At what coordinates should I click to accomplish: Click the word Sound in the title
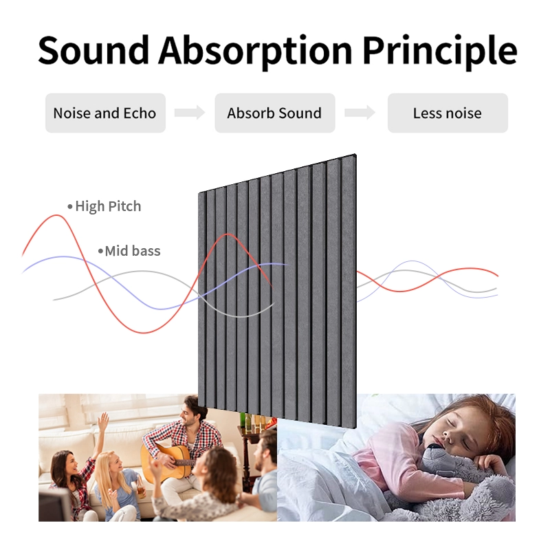tap(93, 49)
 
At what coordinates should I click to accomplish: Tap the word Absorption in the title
tap(254, 49)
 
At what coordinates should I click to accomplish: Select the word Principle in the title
tap(439, 49)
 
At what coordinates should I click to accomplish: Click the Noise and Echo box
tap(104, 113)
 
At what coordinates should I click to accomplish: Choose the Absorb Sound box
tap(274, 113)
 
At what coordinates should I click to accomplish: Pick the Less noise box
tap(448, 113)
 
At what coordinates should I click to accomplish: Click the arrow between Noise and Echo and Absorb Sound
tap(190, 113)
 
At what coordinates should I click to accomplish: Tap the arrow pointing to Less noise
tap(360, 113)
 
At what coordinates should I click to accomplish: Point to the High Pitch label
tap(108, 206)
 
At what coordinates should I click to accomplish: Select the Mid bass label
tap(133, 251)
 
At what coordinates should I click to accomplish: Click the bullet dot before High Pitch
tap(69, 206)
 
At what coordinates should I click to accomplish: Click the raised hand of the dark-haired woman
tap(103, 420)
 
